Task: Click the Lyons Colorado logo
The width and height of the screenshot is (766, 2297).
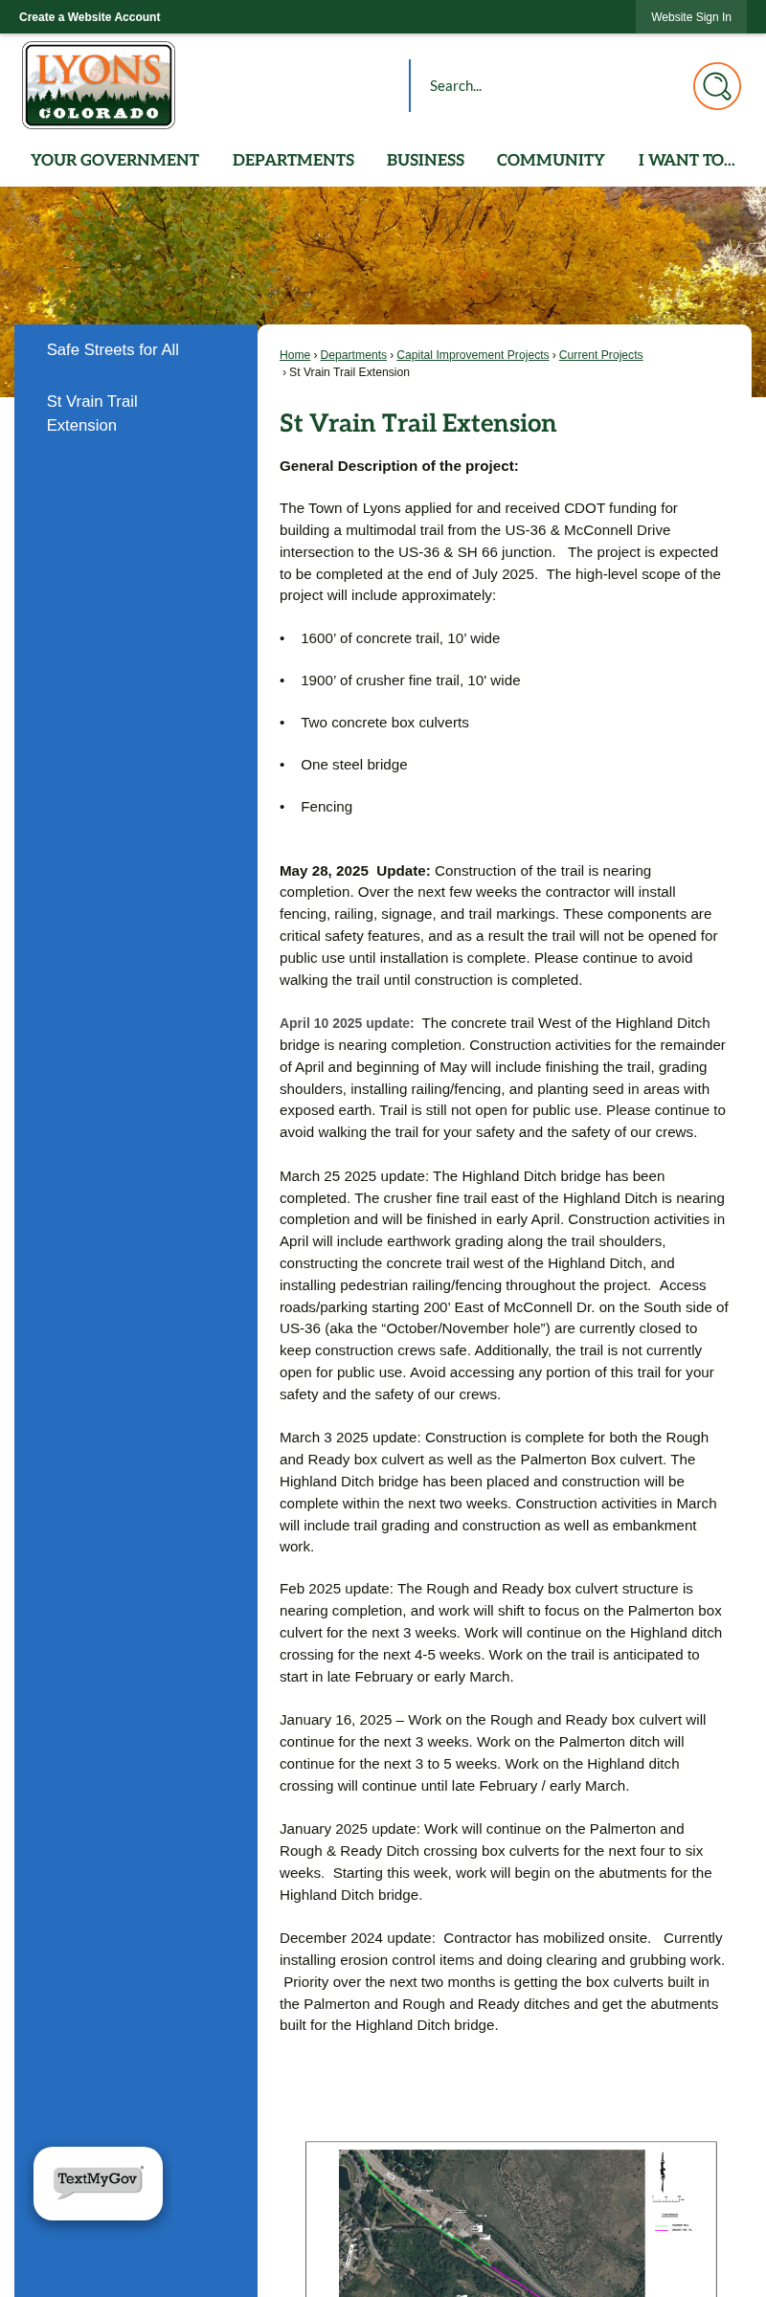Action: point(99,85)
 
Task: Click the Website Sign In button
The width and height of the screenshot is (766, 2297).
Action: point(690,17)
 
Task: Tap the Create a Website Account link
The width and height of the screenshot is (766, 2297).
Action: point(90,17)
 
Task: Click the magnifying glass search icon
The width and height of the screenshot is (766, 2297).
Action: point(716,86)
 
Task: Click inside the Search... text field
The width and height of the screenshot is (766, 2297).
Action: point(546,86)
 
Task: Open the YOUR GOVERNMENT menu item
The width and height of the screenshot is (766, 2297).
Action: point(115,160)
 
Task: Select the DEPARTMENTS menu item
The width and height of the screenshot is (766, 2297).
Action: point(293,160)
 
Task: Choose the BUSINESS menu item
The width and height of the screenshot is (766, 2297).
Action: point(425,160)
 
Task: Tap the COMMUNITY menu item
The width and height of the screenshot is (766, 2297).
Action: point(551,160)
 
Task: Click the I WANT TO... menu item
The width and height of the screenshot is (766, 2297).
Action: point(687,160)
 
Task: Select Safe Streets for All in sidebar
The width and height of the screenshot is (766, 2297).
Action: point(113,350)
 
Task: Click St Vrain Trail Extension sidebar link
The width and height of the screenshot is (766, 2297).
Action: point(92,413)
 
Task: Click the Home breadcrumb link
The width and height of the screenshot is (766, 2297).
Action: point(295,355)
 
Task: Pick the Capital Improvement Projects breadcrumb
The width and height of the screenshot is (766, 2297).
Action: point(473,355)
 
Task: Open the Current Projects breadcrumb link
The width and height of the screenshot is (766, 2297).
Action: point(600,355)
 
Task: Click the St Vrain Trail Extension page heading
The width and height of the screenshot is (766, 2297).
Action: point(417,423)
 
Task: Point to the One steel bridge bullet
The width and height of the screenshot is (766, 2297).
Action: point(354,765)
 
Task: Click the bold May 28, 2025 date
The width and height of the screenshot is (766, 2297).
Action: point(324,871)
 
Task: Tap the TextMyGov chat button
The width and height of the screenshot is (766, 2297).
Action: point(98,2182)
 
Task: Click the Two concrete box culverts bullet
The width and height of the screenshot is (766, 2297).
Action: point(385,723)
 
